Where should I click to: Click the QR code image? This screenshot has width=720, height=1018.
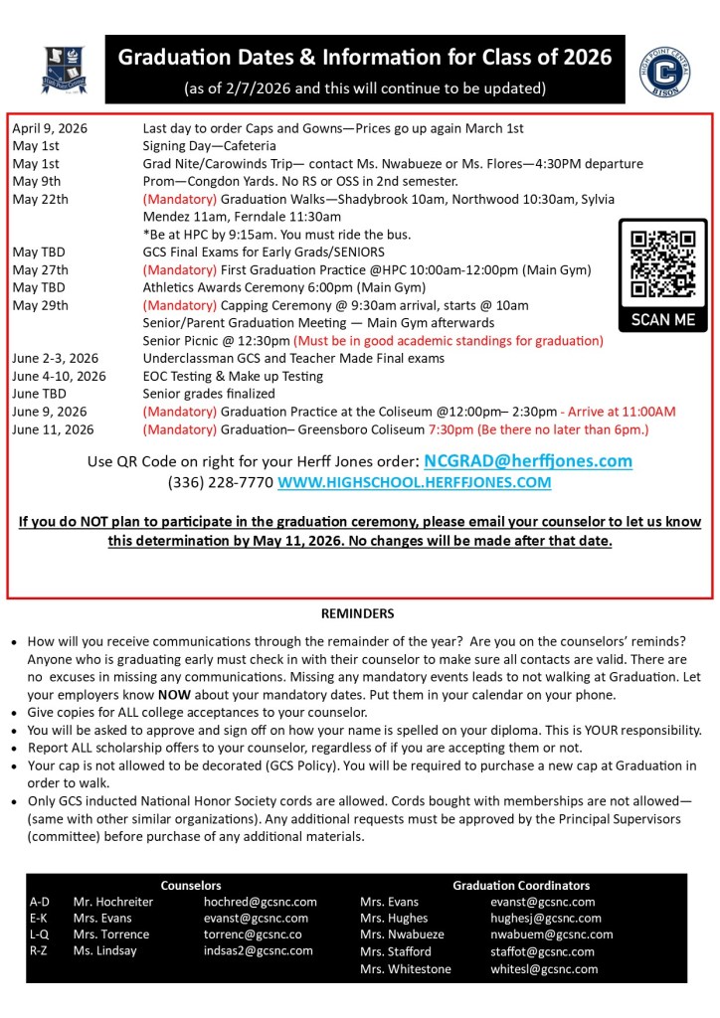(x=662, y=262)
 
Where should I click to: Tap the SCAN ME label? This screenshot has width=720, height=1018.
(x=663, y=320)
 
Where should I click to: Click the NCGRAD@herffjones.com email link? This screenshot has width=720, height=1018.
(x=527, y=461)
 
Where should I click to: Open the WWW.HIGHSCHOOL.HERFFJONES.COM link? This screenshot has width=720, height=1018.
(x=414, y=483)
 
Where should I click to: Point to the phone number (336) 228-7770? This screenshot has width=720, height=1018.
(x=220, y=483)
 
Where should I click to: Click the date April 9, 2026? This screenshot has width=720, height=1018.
(x=50, y=128)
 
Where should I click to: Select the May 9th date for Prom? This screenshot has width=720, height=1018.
(x=37, y=181)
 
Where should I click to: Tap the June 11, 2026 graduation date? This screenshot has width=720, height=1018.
(x=53, y=429)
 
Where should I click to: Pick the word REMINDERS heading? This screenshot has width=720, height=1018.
(x=357, y=613)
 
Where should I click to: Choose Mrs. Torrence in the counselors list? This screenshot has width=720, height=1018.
(x=111, y=934)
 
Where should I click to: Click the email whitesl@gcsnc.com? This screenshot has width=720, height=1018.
(x=543, y=968)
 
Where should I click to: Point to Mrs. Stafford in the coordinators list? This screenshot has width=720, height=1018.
(x=396, y=951)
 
